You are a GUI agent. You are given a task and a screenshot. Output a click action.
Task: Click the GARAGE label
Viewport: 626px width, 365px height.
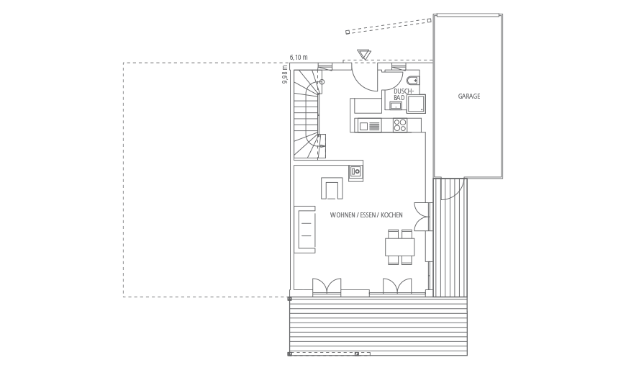point(468,96)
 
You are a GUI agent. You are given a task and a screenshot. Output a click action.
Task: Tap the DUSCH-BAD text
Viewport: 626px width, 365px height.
point(401,94)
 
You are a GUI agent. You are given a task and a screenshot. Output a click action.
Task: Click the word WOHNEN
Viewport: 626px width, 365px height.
point(343,215)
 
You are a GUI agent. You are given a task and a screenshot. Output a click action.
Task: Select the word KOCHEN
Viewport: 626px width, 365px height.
point(391,215)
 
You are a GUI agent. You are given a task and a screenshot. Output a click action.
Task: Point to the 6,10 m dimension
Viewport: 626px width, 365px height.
point(299,57)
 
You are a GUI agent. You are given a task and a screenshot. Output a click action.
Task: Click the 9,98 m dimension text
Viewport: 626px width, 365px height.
point(285,75)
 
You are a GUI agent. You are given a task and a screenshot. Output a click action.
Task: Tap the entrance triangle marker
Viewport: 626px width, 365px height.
point(364,55)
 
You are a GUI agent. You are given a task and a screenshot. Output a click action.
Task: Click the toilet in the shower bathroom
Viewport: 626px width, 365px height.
point(414,80)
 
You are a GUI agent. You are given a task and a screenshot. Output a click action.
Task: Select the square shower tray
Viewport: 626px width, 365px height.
point(416,104)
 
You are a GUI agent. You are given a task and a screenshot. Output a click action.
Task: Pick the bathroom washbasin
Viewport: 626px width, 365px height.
point(395,105)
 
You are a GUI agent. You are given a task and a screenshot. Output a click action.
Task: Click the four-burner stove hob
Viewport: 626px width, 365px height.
point(400,125)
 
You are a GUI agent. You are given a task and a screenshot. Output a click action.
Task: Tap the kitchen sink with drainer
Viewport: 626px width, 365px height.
point(369,126)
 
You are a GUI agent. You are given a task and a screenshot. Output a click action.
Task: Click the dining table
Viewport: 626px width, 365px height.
point(399,247)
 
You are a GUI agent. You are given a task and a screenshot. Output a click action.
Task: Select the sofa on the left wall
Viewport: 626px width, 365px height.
point(305,229)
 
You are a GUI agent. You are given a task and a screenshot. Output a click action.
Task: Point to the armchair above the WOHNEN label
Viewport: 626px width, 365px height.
point(332,188)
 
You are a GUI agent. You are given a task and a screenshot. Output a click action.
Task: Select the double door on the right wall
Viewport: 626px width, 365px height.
point(423,217)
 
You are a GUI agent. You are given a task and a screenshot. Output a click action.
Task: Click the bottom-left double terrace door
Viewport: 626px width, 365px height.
point(327,287)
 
